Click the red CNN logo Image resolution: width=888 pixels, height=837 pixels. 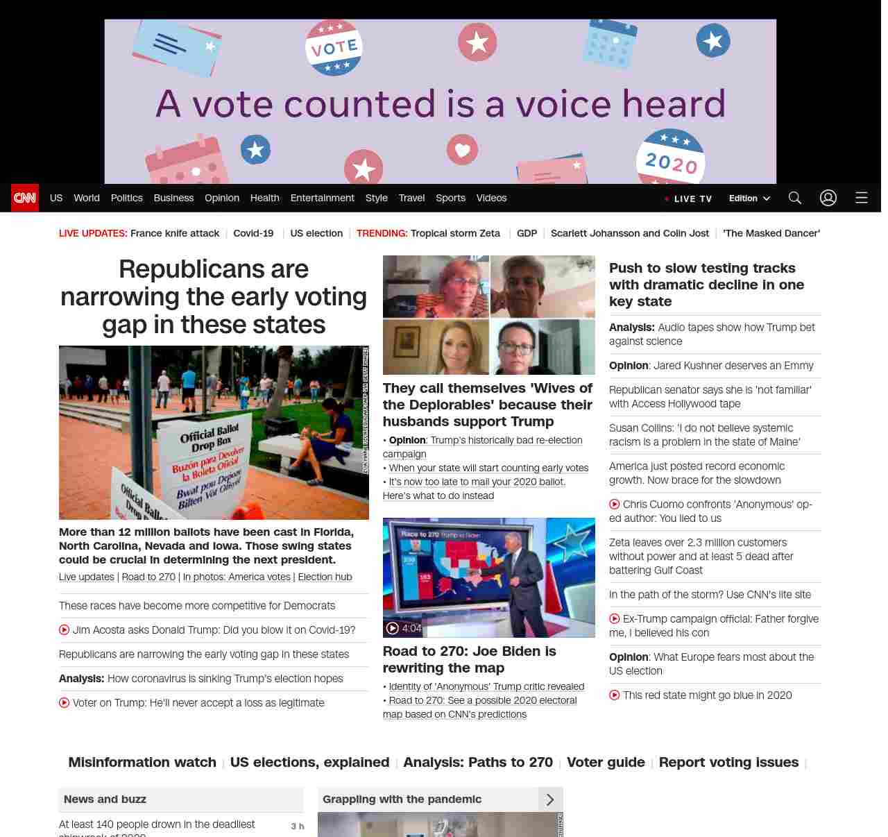(25, 198)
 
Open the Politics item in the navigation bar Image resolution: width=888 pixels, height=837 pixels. (126, 198)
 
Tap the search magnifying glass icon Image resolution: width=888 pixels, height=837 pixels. (795, 198)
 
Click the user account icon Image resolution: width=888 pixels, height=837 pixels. (828, 198)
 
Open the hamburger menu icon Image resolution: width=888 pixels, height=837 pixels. (862, 198)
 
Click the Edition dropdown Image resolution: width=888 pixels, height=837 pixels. (749, 198)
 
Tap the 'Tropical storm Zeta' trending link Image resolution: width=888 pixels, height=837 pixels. (455, 233)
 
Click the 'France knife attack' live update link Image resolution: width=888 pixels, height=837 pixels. (175, 233)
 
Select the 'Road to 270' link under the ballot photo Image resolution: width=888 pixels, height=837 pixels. (148, 577)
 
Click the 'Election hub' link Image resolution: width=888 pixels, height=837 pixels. (325, 577)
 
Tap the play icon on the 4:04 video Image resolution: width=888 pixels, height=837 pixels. (393, 628)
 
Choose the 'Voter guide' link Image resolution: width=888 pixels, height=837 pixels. (606, 762)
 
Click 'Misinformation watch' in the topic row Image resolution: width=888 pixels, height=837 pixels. (142, 762)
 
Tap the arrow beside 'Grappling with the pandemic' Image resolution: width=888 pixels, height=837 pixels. (550, 800)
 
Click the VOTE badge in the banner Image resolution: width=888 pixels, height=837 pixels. (334, 47)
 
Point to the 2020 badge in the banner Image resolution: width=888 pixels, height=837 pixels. (670, 159)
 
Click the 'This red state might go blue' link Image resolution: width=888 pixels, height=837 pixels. (707, 695)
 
